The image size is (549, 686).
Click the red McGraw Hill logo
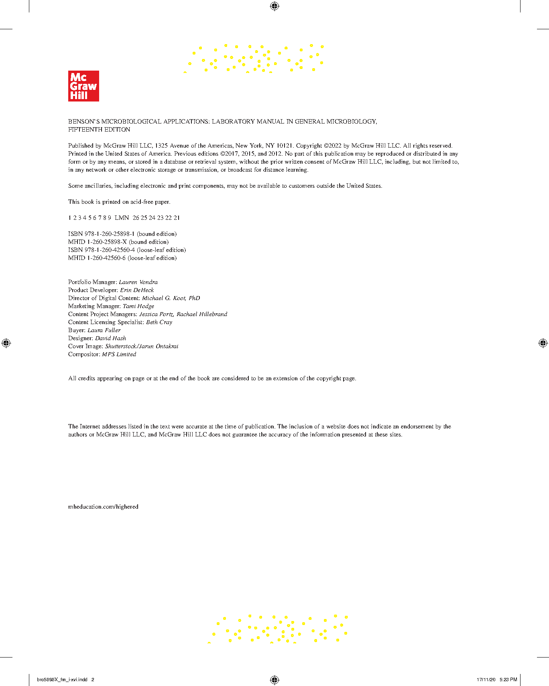(x=83, y=86)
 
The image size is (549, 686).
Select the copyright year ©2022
(x=332, y=146)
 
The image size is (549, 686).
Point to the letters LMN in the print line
(x=122, y=218)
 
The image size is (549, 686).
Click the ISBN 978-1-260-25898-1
(x=109, y=234)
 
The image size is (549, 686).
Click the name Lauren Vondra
(x=138, y=282)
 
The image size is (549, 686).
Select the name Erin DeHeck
(x=137, y=290)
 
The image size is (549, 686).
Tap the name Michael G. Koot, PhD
(x=171, y=298)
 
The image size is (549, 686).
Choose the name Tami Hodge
(x=138, y=306)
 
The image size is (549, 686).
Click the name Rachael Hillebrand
(x=202, y=314)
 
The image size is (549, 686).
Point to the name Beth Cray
(x=159, y=322)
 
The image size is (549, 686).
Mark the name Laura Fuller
(x=104, y=330)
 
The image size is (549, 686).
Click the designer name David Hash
(x=110, y=338)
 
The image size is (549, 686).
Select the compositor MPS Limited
(x=119, y=354)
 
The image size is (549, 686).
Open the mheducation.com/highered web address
(x=103, y=507)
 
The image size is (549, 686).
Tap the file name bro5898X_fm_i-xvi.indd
(x=62, y=680)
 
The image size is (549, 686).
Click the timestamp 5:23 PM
(x=508, y=680)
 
